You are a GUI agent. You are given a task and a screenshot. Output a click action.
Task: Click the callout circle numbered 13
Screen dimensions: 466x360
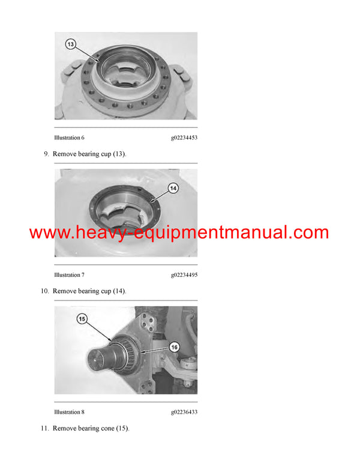[x=71, y=45]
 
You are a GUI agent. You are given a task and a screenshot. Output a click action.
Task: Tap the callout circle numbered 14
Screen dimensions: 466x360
[x=173, y=189]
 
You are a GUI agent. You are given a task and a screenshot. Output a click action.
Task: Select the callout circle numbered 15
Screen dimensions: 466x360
[x=82, y=319]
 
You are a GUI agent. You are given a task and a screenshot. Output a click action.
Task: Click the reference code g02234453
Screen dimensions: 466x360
[x=184, y=138]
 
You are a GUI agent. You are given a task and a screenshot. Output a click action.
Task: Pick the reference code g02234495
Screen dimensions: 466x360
[x=184, y=275]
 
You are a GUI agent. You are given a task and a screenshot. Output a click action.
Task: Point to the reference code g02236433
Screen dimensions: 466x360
[x=184, y=412]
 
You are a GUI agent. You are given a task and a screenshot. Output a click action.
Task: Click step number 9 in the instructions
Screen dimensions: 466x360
[x=46, y=154]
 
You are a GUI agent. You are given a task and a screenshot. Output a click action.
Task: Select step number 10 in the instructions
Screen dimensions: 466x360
[x=44, y=291]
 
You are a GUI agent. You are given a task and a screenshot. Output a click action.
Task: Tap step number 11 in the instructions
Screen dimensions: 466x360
[x=44, y=429]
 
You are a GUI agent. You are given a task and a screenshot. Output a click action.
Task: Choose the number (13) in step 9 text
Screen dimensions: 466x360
[x=119, y=154]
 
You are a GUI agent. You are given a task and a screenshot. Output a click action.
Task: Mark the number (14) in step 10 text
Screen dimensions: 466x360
[x=119, y=291]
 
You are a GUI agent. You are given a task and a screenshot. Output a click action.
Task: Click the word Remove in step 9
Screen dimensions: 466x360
[x=65, y=154]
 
